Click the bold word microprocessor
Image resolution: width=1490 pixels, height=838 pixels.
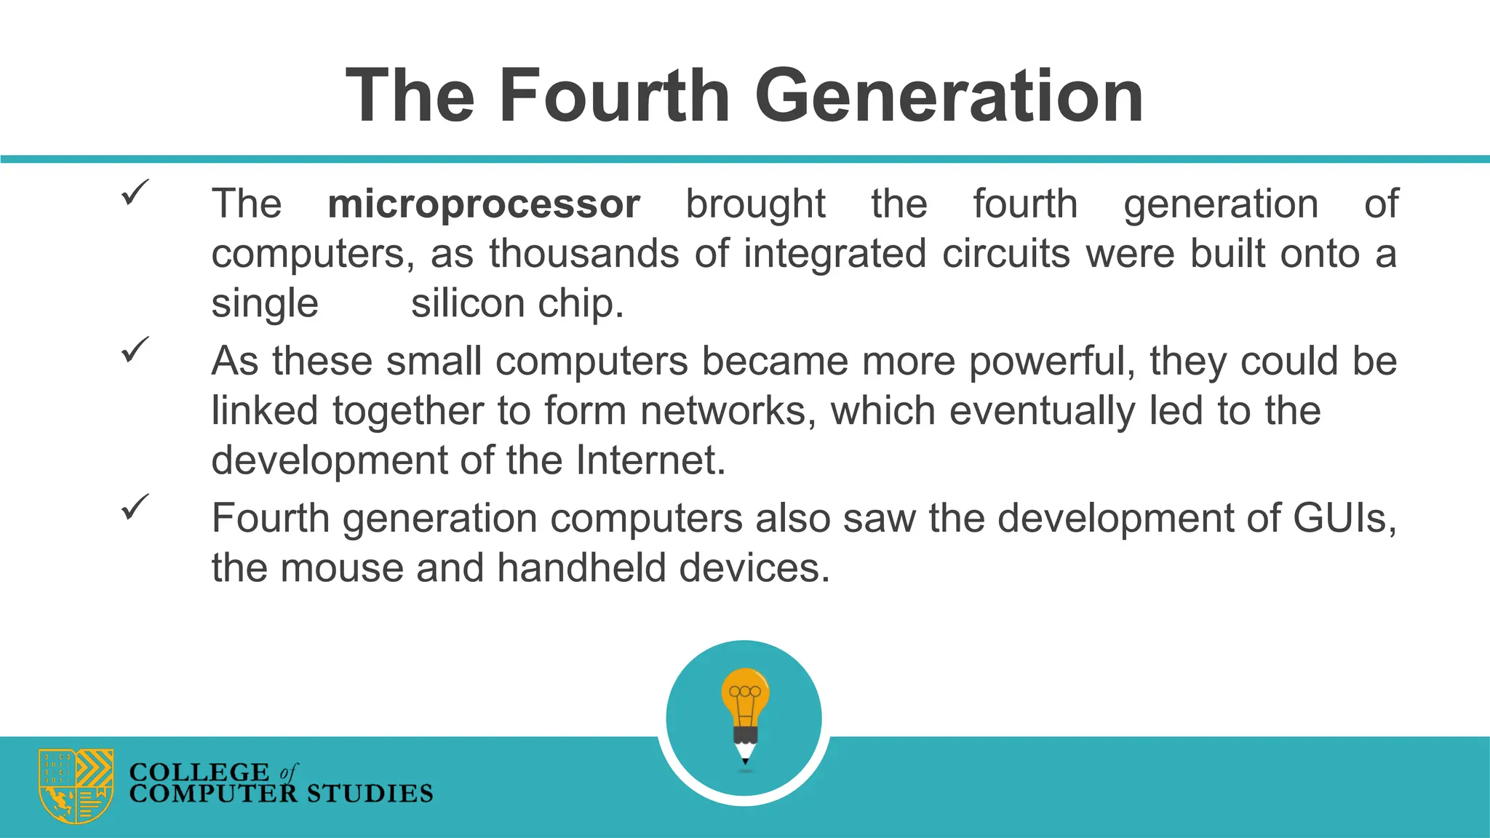[483, 204]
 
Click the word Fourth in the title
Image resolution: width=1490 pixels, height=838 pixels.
[614, 96]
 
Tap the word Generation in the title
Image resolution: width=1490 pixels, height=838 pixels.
[949, 96]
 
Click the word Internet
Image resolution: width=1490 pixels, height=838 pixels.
[650, 460]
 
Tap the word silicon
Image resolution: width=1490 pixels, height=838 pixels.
[468, 303]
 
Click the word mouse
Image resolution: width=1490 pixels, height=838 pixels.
[341, 568]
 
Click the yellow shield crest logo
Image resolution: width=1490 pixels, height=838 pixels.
[76, 786]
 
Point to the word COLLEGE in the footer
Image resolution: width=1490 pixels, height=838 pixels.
[199, 771]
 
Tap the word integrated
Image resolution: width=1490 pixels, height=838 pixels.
[834, 254]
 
